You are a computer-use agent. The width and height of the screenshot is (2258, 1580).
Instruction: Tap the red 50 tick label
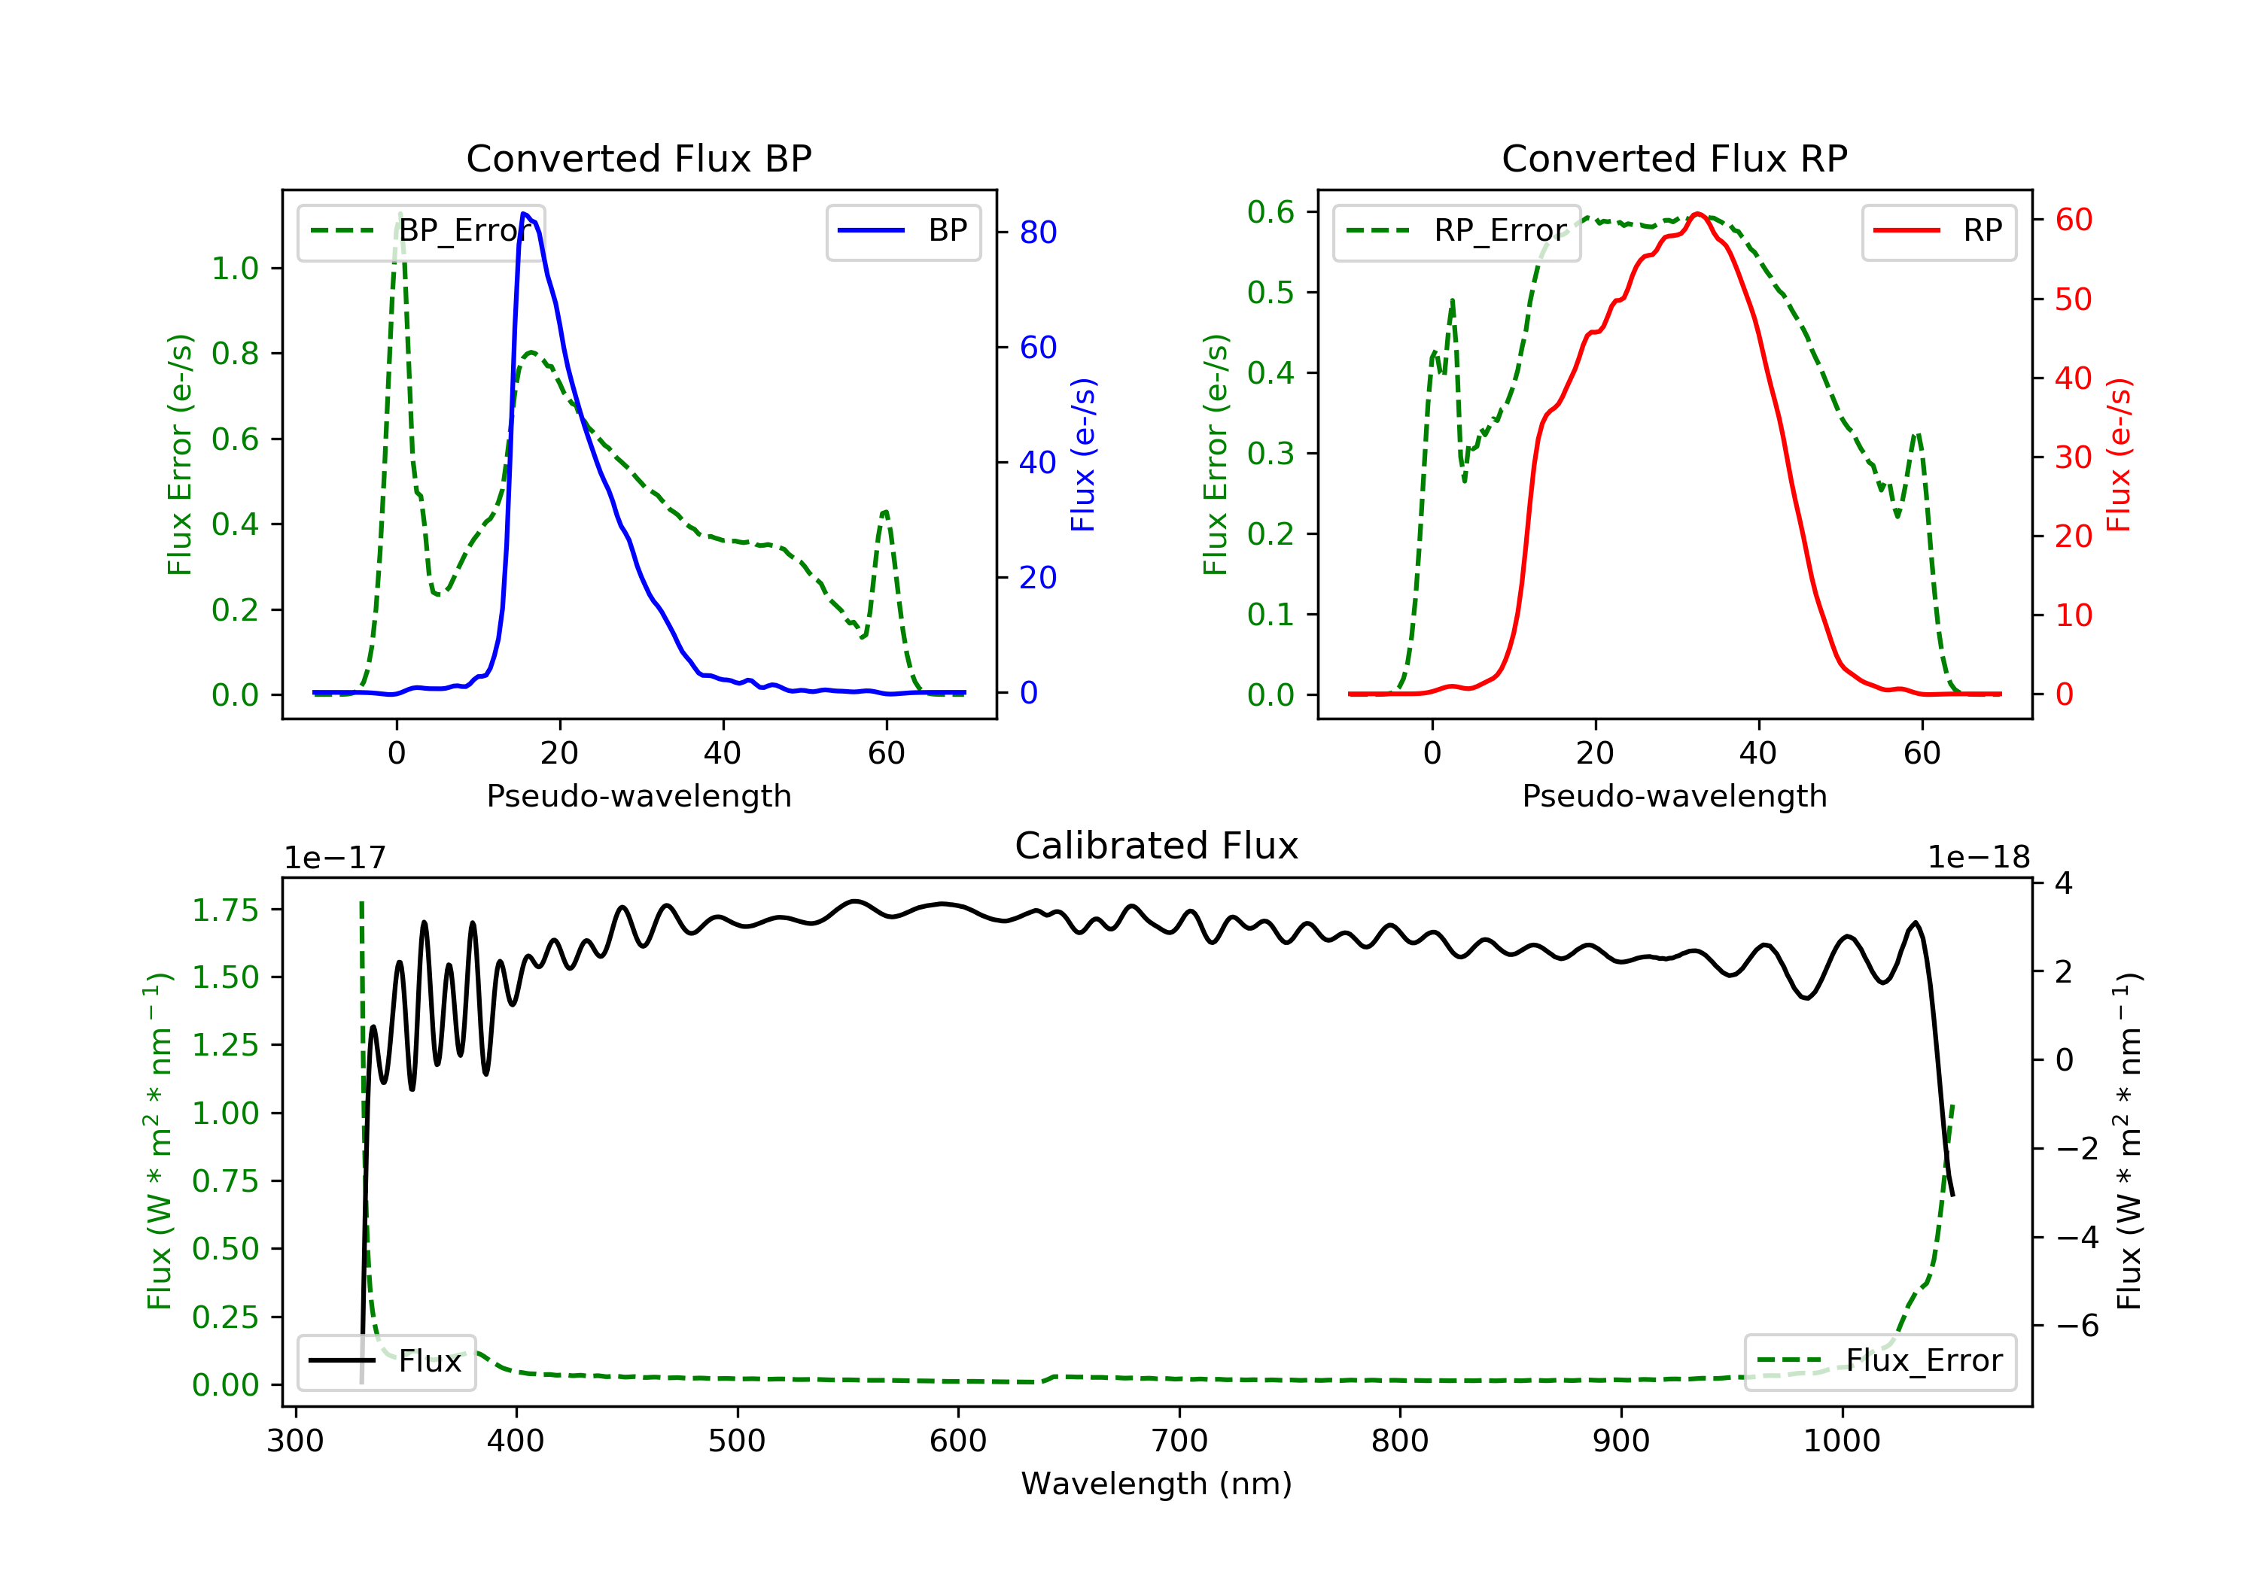point(2073,300)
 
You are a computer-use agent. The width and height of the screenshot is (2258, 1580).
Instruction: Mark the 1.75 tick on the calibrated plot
point(225,910)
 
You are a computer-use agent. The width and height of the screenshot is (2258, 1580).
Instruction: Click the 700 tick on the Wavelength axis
point(1179,1442)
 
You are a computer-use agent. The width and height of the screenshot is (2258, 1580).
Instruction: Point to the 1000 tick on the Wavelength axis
point(1841,1442)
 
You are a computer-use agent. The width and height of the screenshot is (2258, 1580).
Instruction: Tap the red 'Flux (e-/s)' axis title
point(2117,455)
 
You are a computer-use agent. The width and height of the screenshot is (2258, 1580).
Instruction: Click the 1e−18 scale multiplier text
point(1978,858)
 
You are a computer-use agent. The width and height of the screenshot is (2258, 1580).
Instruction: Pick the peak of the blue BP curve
point(524,214)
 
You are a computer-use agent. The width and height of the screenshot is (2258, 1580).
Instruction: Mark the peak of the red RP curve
point(1697,214)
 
